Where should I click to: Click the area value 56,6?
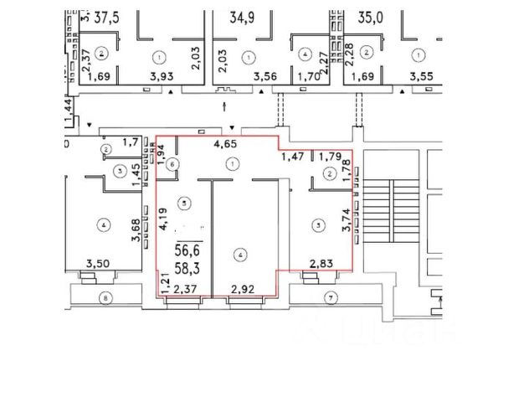click(x=187, y=249)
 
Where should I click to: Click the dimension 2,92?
click(x=242, y=290)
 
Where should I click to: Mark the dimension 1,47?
click(x=292, y=157)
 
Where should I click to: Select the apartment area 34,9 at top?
click(x=244, y=16)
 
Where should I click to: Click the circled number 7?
click(x=331, y=296)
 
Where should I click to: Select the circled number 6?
click(x=172, y=165)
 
